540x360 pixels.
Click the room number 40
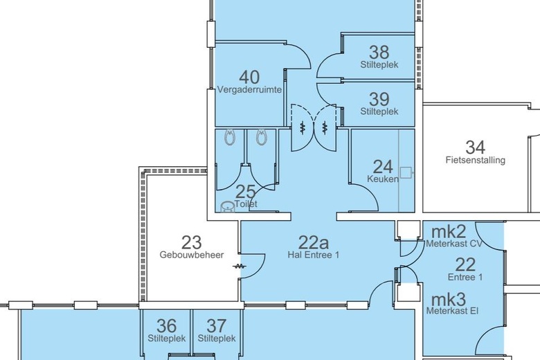point(249,77)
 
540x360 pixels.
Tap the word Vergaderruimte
point(249,90)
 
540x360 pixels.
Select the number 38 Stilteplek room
point(379,53)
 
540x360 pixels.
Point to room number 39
point(379,99)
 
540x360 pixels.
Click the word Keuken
point(383,179)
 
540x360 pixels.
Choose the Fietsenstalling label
point(475,160)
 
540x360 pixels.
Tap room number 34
point(475,147)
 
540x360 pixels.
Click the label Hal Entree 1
point(314,255)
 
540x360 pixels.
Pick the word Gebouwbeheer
point(192,255)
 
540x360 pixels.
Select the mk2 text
point(449,231)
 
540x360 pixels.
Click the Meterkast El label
point(452,311)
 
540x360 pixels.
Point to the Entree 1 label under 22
point(465,277)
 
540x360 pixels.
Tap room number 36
point(167,326)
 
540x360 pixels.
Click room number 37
point(217,326)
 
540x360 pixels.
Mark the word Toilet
point(246,204)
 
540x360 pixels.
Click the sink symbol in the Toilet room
point(227,207)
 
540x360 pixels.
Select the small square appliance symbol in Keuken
point(406,172)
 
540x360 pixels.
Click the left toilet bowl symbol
point(229,137)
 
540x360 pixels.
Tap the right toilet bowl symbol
point(262,137)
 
